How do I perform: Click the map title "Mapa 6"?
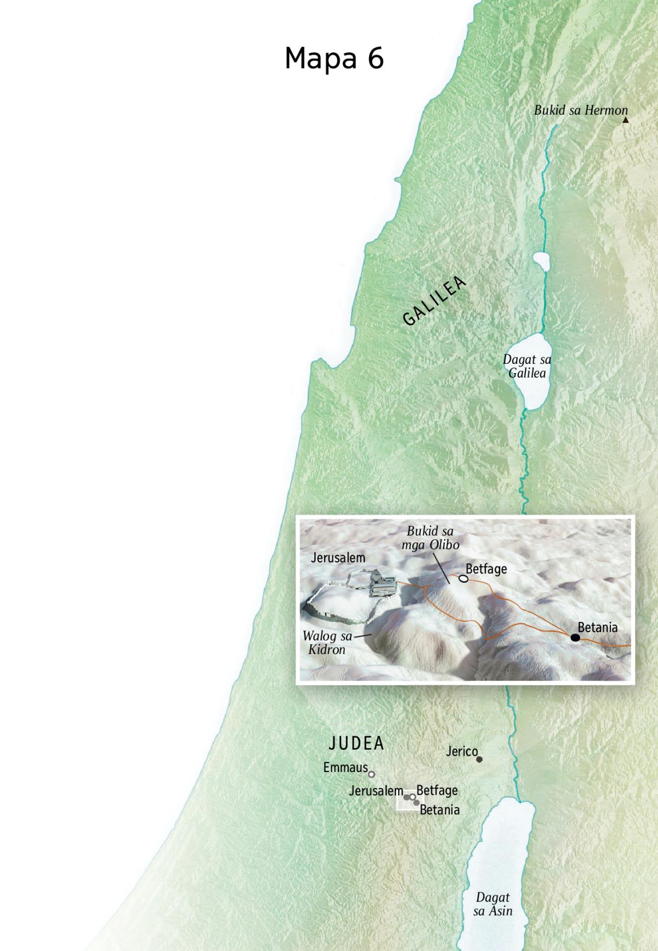tap(334, 59)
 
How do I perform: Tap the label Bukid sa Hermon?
tap(580, 110)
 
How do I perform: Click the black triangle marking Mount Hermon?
tap(625, 120)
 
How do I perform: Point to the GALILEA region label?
tap(434, 301)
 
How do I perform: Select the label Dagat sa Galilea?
tap(527, 366)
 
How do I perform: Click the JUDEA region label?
tap(356, 744)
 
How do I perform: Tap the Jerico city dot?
tap(479, 759)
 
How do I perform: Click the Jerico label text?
tap(462, 751)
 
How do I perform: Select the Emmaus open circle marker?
tap(371, 774)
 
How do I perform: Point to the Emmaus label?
tap(345, 767)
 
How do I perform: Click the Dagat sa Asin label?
tap(493, 904)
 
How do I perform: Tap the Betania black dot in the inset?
tap(575, 637)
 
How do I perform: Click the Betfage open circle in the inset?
tap(463, 578)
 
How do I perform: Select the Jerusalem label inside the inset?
tap(338, 558)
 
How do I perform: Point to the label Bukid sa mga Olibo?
tap(430, 538)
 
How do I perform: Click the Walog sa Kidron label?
tap(327, 643)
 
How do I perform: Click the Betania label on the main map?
tap(440, 810)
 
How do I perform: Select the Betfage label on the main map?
tap(437, 790)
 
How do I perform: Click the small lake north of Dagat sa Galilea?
tap(541, 261)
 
